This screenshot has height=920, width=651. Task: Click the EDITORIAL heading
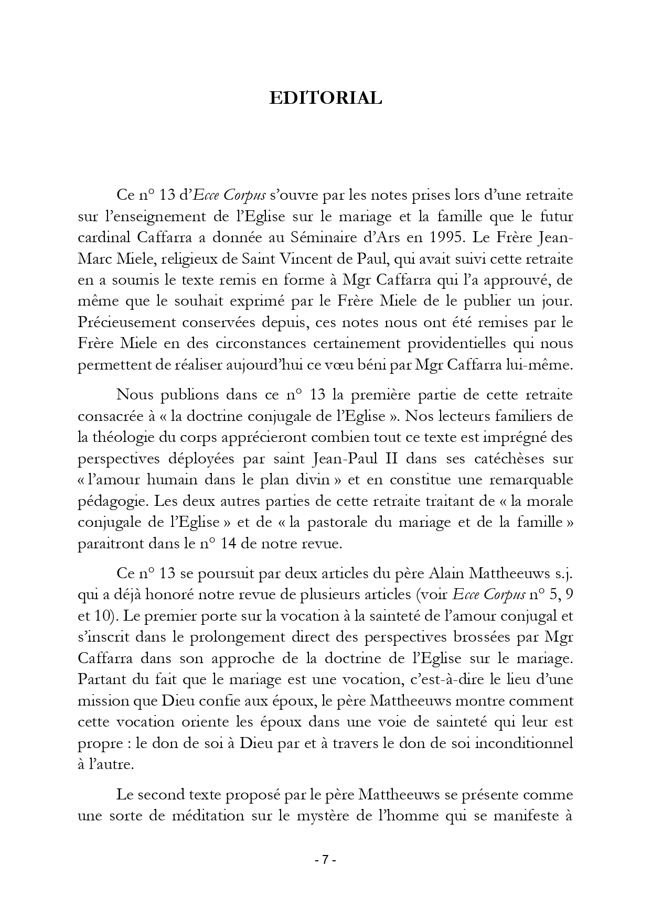[x=325, y=98]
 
